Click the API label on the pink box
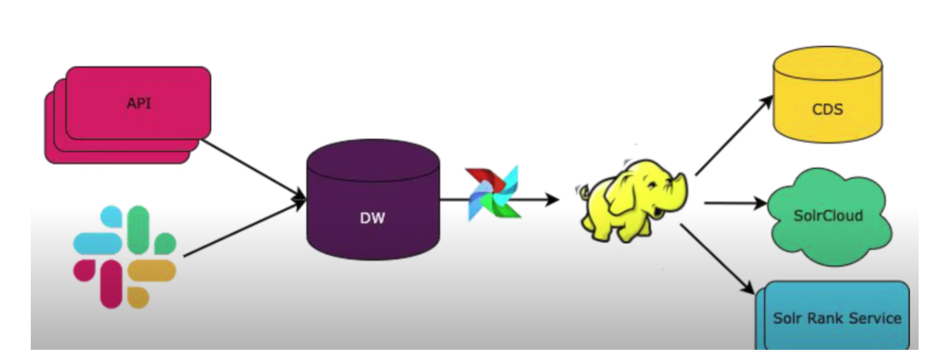click(138, 103)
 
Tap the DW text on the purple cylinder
click(372, 218)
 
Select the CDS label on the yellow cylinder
click(828, 109)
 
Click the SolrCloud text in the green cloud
click(828, 215)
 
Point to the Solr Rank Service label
click(837, 318)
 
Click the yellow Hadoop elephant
click(632, 200)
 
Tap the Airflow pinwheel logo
click(494, 192)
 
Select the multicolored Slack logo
click(125, 257)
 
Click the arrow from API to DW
click(252, 169)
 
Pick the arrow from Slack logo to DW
click(245, 228)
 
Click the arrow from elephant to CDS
click(734, 135)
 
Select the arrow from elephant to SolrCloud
click(736, 203)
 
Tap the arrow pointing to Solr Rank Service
click(718, 259)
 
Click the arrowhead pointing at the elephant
click(552, 199)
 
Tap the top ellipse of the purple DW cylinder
click(373, 160)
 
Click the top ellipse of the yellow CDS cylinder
click(828, 63)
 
